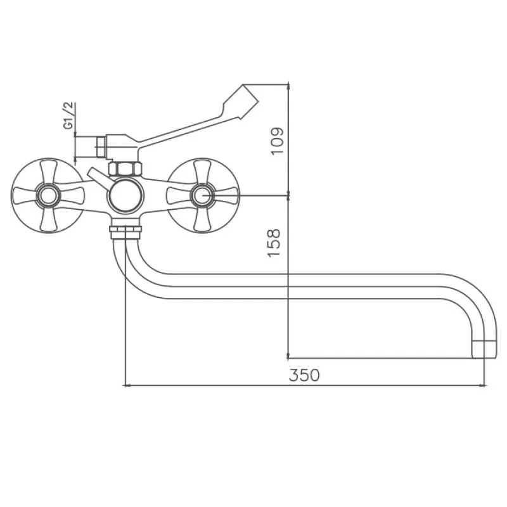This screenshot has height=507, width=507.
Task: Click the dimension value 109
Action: [277, 141]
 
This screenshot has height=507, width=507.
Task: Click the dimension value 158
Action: [274, 243]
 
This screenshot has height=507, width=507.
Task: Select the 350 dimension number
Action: [304, 375]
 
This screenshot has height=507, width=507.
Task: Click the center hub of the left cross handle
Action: [48, 195]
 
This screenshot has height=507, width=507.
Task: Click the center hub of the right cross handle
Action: [202, 195]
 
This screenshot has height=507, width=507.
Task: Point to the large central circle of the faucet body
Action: [125, 195]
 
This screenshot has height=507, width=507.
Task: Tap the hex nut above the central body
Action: [125, 169]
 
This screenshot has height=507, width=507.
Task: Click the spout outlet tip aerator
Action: [484, 349]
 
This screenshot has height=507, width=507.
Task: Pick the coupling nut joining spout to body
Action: [125, 230]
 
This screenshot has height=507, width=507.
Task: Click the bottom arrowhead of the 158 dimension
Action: [288, 356]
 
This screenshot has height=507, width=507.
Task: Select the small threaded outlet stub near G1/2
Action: [101, 147]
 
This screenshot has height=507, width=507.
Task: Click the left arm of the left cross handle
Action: [25, 195]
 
